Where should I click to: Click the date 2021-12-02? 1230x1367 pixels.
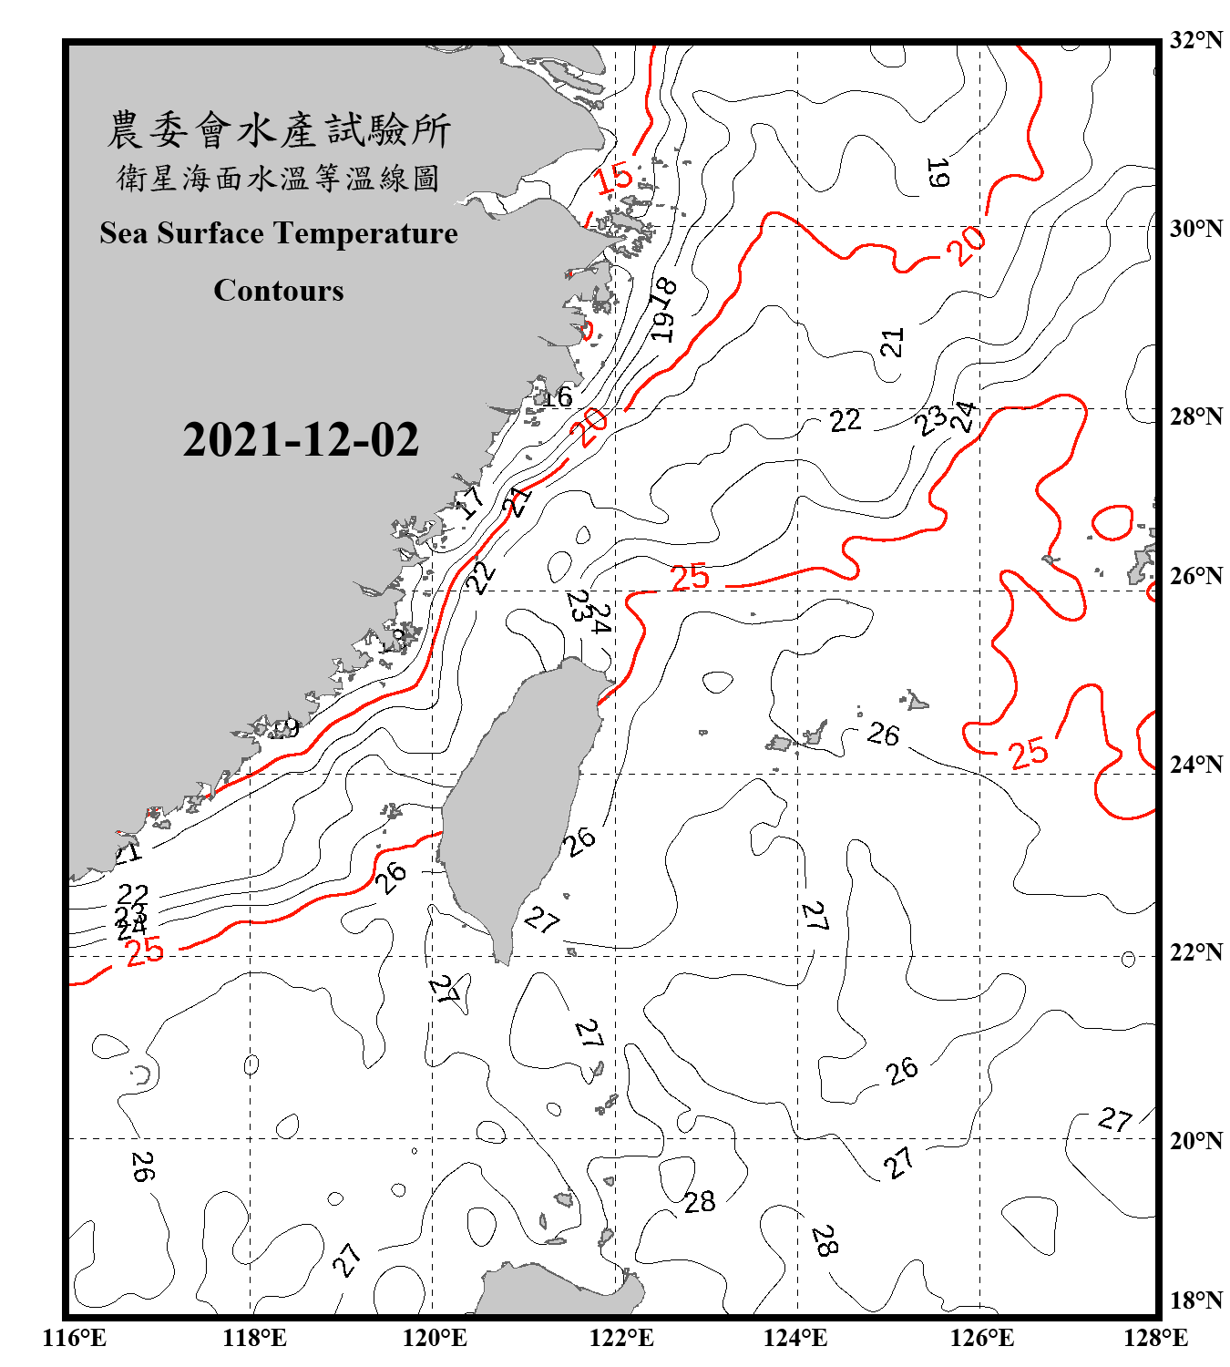coord(301,440)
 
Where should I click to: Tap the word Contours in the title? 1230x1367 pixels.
coord(279,291)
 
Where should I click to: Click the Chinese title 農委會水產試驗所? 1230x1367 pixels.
coord(279,130)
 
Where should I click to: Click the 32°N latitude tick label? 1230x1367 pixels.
coord(1195,40)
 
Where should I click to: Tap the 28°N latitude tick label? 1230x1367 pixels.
coord(1195,416)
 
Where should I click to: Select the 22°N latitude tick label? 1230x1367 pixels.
coord(1195,952)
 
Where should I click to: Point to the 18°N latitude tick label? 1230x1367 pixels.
coord(1195,1300)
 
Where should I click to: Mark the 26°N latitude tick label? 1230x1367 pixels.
coord(1195,576)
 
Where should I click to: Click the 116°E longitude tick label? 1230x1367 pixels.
coord(75,1338)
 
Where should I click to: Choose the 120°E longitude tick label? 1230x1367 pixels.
coord(435,1338)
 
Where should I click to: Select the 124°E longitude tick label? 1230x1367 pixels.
coord(795,1338)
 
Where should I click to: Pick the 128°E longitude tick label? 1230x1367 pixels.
coord(1155,1338)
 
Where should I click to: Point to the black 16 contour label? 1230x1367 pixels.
coord(557,396)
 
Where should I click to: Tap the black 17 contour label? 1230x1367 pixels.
coord(471,502)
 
